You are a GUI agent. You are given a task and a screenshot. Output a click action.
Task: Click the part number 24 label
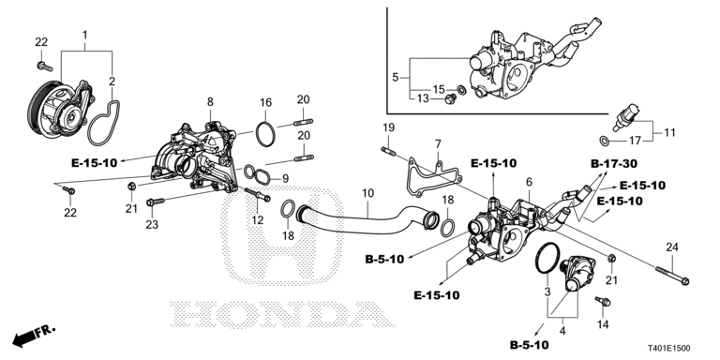(672, 248)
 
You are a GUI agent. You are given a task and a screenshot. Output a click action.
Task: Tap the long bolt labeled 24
(673, 275)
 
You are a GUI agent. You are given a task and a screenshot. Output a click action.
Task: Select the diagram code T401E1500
(669, 349)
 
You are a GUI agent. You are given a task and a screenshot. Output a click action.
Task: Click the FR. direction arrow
(34, 336)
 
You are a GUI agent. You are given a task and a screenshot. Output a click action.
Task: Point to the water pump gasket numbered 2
(104, 123)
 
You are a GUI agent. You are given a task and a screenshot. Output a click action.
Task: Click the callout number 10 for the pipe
(367, 193)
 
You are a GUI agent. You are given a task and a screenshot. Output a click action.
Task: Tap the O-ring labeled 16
(265, 134)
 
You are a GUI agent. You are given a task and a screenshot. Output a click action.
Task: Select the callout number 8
(210, 102)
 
